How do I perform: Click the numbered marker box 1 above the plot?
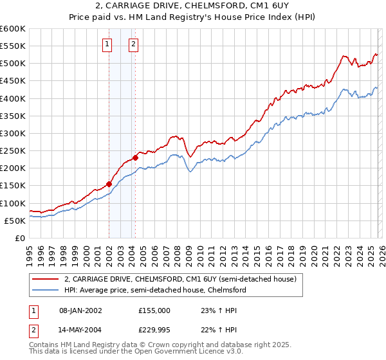click(107, 44)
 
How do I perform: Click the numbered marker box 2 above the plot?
click(133, 44)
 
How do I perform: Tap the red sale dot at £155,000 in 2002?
click(109, 184)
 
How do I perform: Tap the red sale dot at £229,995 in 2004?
click(136, 157)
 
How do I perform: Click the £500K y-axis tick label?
click(13, 63)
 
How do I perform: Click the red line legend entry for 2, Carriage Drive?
click(179, 279)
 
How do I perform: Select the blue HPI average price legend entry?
click(155, 290)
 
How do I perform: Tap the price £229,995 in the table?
click(154, 329)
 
